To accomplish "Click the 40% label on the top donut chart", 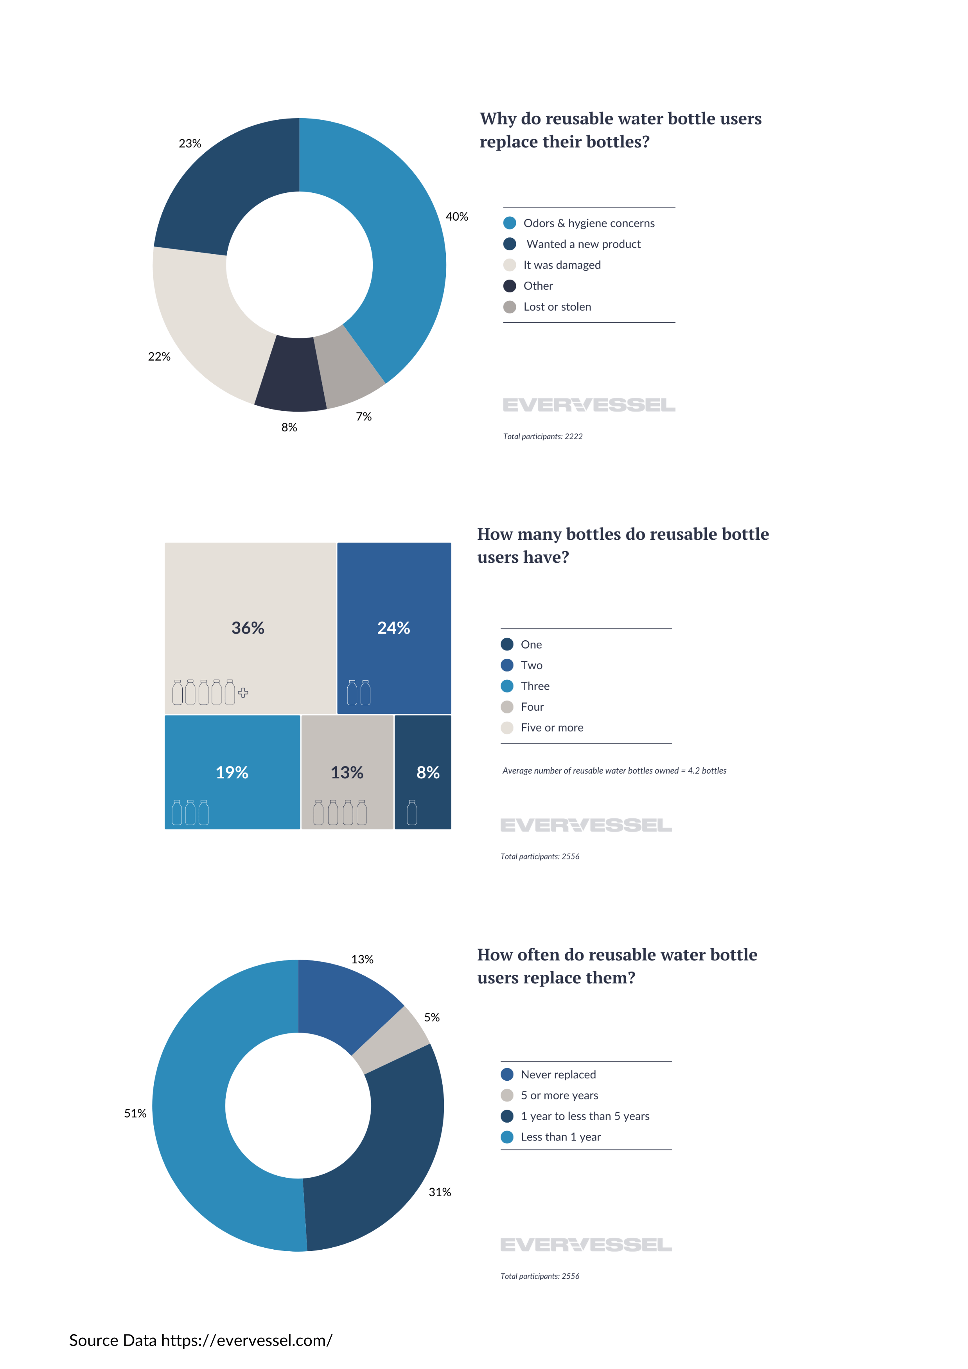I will pos(456,216).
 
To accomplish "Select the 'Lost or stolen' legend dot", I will pos(509,307).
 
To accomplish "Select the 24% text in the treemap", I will pos(393,628).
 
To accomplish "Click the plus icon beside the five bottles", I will pos(243,693).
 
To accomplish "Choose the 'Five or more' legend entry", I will pos(551,728).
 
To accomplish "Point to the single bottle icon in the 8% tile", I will pos(412,813).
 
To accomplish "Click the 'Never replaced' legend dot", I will pos(507,1074).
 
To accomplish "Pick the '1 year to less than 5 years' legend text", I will pos(585,1116).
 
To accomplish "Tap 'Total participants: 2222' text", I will pos(542,437).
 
